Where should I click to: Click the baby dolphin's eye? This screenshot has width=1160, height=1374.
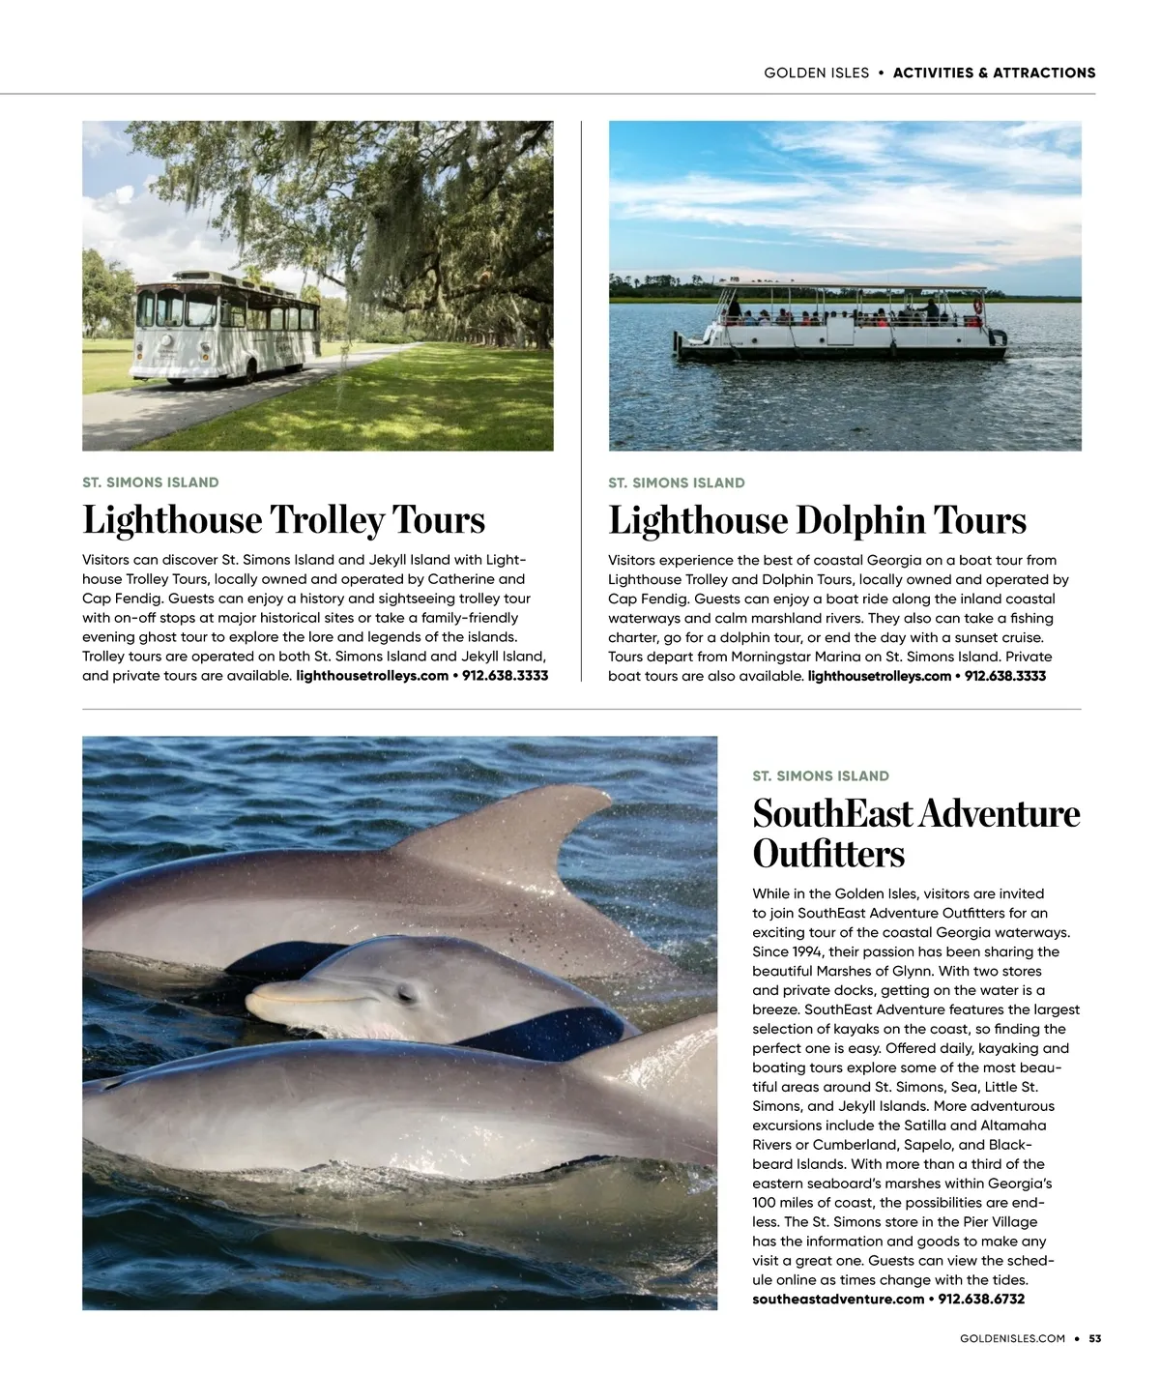pos(405,992)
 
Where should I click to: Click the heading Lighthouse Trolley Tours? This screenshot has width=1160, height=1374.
pos(283,520)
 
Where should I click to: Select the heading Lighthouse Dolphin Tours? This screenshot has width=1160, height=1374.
pos(817,520)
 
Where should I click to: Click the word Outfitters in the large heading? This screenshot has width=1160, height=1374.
pos(828,855)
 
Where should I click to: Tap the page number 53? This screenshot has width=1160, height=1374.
pos(1095,1339)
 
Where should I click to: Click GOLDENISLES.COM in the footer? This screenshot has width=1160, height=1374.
pos(1012,1339)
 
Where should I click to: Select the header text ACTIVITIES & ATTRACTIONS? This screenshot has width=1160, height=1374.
pos(994,73)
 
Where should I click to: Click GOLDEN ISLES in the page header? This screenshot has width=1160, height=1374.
pos(816,73)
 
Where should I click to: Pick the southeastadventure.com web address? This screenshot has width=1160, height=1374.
pos(838,1300)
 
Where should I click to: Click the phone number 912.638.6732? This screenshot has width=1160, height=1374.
pos(981,1300)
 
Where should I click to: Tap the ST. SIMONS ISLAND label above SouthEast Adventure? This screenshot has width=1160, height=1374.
pos(821,776)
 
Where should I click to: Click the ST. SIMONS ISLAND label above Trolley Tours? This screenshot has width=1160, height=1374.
pos(151,482)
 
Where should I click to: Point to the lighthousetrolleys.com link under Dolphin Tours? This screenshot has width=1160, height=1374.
pos(879,676)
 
